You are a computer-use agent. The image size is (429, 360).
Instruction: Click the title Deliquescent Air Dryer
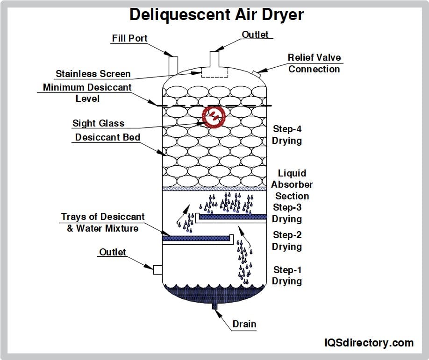point(216,14)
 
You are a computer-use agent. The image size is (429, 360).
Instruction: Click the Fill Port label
point(129,38)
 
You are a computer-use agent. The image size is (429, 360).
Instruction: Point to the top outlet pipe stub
point(214,59)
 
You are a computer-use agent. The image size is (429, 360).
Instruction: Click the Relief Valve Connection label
point(314,63)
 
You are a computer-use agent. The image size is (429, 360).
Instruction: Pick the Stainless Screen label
point(93,74)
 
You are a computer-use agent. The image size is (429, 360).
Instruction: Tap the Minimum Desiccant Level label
point(87,92)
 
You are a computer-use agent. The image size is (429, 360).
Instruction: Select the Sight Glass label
point(98,123)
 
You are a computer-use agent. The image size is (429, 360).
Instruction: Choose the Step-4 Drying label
point(287,134)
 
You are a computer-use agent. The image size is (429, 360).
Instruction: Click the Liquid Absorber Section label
point(292,184)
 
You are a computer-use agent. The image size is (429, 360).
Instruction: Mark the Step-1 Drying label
point(287,275)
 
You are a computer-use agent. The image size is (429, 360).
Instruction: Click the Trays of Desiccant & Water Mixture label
point(103,222)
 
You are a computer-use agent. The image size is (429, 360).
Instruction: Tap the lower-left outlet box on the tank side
point(157,269)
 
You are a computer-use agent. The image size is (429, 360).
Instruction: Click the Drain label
point(244,324)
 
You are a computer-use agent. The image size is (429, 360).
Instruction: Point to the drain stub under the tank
point(214,306)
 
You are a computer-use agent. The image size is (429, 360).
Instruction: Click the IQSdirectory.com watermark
point(369,343)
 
